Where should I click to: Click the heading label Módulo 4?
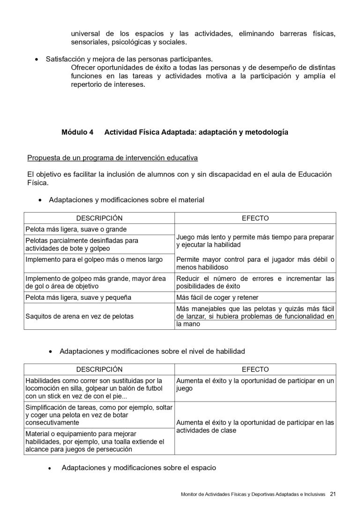[77, 132]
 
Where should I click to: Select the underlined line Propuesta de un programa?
[112, 157]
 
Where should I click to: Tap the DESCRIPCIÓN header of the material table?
[99, 218]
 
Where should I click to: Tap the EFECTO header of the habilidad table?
[255, 369]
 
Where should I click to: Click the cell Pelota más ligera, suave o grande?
[76, 229]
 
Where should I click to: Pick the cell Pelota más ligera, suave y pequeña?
[78, 297]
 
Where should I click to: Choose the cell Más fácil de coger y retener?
[217, 297]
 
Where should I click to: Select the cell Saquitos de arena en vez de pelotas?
[79, 316]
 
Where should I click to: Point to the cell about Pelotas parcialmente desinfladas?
[82, 244]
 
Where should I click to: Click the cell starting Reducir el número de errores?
[255, 282]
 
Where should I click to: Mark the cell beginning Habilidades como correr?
[94, 388]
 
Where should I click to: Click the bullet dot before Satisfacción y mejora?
[37, 60]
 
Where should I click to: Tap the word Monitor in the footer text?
[190, 494]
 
